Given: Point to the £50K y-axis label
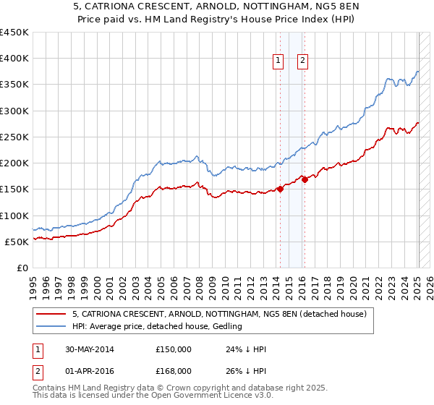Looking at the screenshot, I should point(17,242).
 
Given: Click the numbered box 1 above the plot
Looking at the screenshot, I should point(278,61).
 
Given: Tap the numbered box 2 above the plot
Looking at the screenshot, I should point(302,61).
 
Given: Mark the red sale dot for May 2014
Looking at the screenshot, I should point(279,189).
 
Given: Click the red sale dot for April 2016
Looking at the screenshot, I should point(305,180).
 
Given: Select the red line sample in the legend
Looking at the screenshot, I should point(52,314).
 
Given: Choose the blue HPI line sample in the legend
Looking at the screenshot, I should point(52,326).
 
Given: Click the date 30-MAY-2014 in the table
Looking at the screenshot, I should point(89,349).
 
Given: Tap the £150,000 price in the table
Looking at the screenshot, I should point(173,349).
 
